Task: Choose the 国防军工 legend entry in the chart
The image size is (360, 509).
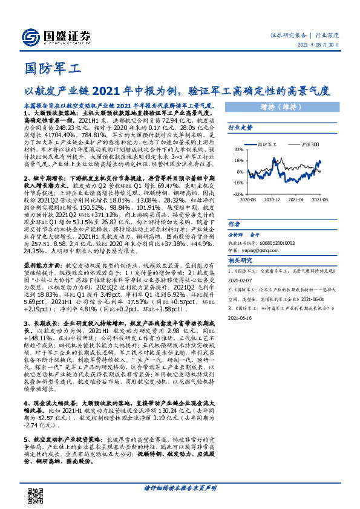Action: [x=266, y=145]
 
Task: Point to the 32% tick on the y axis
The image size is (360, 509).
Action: [x=239, y=149]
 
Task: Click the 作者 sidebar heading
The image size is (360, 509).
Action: [x=234, y=224]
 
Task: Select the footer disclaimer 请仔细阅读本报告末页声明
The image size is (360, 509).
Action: [x=180, y=488]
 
